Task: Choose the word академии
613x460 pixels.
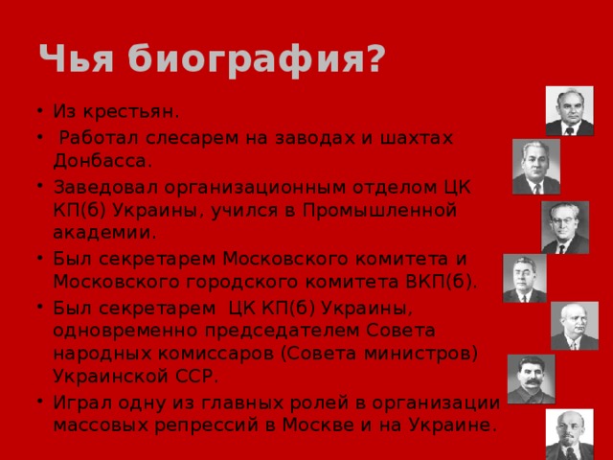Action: (x=105, y=232)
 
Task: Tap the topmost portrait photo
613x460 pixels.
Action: (x=569, y=110)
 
